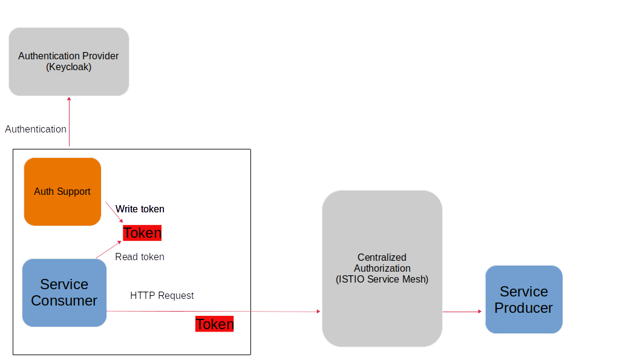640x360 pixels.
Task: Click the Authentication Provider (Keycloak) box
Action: (68, 62)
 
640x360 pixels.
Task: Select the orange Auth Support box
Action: (62, 191)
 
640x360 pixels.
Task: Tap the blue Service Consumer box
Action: (64, 293)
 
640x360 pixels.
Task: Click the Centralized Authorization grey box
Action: (382, 269)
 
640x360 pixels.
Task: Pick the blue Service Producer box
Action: (523, 299)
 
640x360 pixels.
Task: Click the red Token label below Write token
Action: (142, 233)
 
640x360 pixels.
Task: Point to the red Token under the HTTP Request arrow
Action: (214, 324)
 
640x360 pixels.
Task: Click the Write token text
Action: (140, 209)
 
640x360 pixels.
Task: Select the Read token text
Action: (140, 257)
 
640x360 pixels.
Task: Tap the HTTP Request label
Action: (162, 295)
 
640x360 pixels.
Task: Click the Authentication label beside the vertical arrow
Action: (36, 129)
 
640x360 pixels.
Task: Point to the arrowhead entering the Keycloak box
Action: (69, 99)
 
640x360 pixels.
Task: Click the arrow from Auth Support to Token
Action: (114, 212)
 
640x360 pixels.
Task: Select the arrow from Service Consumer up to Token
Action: (109, 249)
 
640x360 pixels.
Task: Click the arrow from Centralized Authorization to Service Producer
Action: (463, 312)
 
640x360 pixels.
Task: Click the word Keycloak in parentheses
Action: (68, 67)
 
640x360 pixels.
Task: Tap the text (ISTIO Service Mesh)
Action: (382, 280)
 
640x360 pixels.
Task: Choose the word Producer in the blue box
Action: (523, 308)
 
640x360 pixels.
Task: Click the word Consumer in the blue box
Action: (64, 301)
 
